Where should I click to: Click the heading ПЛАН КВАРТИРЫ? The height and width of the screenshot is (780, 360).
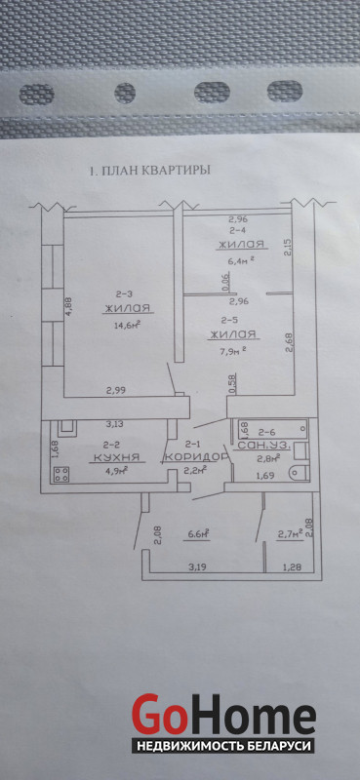pyautogui.click(x=155, y=171)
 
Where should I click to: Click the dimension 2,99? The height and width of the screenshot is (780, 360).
pyautogui.click(x=115, y=391)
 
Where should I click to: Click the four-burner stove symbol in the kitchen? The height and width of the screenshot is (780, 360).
pyautogui.click(x=61, y=474)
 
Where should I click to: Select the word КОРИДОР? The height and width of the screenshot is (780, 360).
pyautogui.click(x=196, y=456)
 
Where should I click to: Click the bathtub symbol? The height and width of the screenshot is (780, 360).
pyautogui.click(x=272, y=427)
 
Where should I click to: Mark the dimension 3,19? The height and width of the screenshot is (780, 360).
pyautogui.click(x=201, y=565)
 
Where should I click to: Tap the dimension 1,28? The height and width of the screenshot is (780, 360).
pyautogui.click(x=292, y=565)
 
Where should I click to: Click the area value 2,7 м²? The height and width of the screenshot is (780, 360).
pyautogui.click(x=291, y=534)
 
